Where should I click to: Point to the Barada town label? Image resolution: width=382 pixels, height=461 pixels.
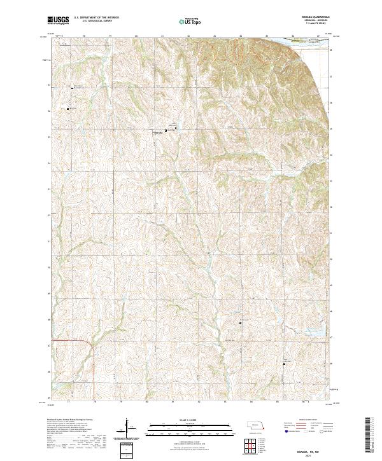coord(159,132)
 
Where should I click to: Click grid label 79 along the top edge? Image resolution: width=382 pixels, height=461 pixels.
coord(111,36)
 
